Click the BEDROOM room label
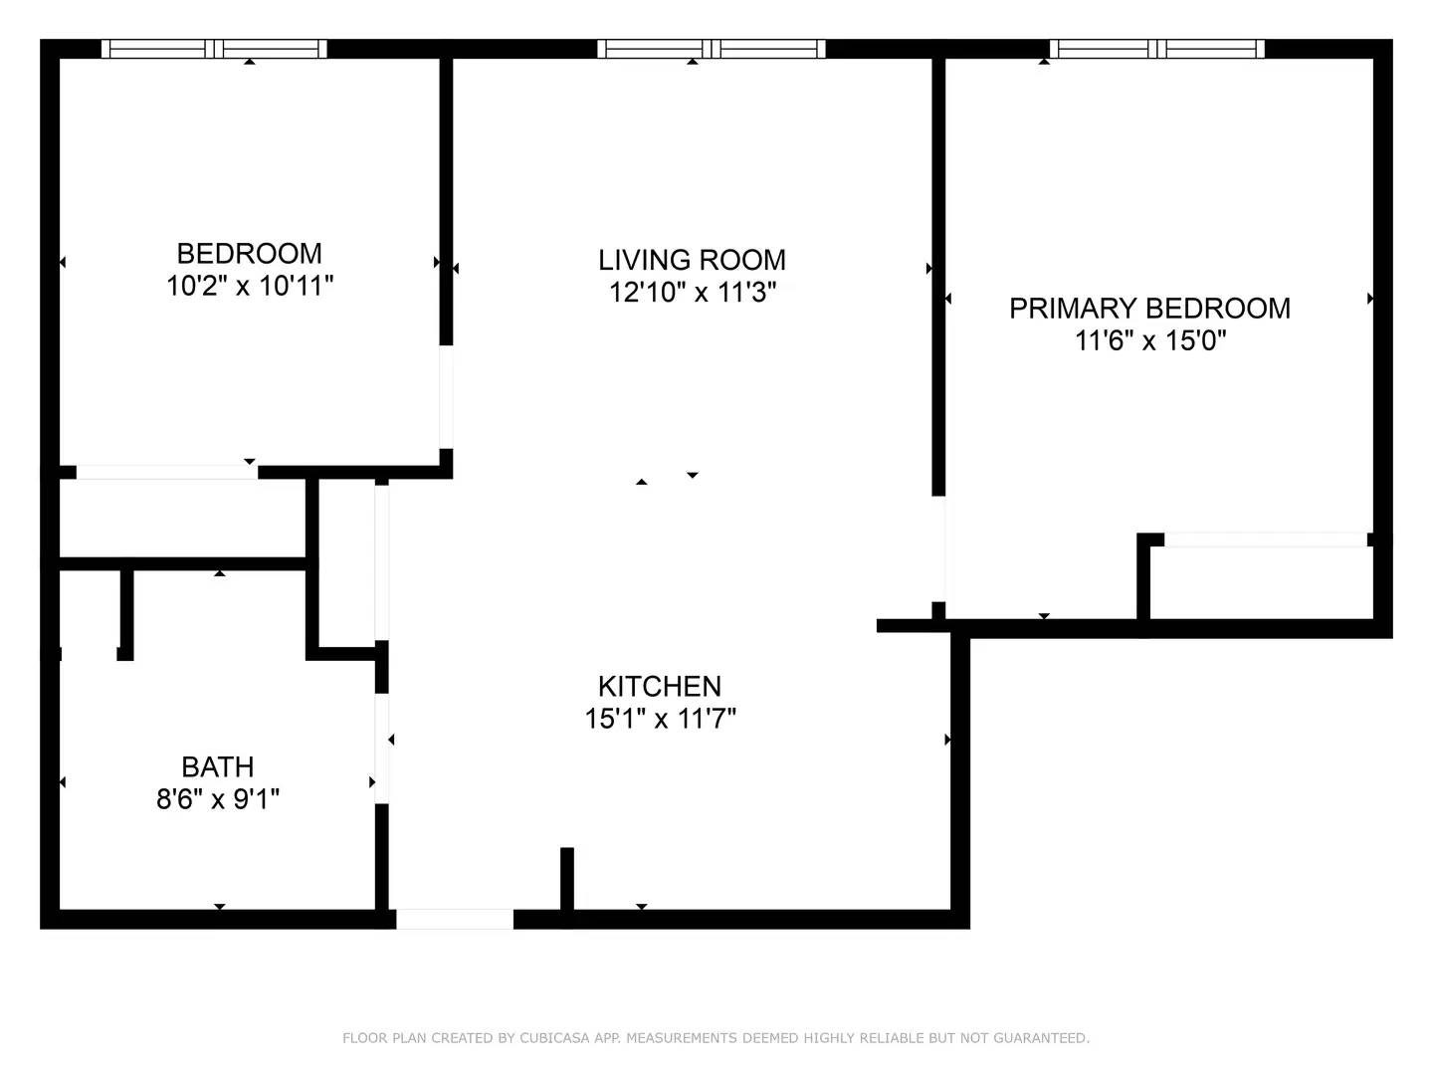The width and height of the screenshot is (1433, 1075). pos(249,253)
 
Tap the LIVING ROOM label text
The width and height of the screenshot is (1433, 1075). pos(692,260)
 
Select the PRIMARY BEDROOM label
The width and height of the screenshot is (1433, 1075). pos(1149,309)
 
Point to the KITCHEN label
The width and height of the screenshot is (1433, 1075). pos(659,686)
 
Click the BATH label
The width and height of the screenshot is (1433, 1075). pos(217,766)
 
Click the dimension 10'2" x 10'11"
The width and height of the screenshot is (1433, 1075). pos(249,287)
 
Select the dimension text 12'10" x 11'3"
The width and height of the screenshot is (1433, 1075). pos(692,293)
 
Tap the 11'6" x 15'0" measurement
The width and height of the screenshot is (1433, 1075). pos(1149,341)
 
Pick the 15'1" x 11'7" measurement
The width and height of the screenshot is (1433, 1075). pos(660,718)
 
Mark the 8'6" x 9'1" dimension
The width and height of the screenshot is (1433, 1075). pos(217,799)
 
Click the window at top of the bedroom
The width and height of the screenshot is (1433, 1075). pos(214,49)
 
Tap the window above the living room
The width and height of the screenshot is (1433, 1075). pos(711,49)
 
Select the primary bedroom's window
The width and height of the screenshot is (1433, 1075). pos(1156,49)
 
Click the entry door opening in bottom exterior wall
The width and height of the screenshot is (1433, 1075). pos(455,919)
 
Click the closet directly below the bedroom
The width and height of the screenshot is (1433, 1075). pos(182,518)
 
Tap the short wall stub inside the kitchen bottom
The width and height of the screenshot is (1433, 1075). pos(567,878)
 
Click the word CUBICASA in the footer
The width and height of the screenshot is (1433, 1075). pos(555,1038)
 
